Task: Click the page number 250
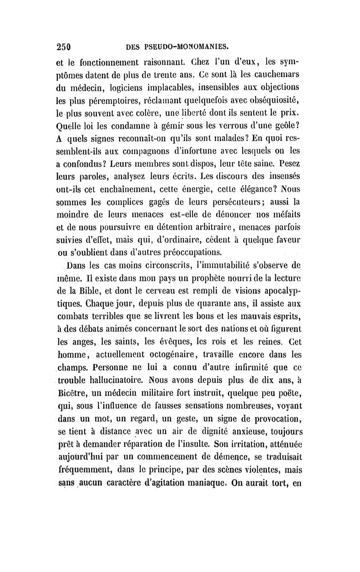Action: coord(66,45)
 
